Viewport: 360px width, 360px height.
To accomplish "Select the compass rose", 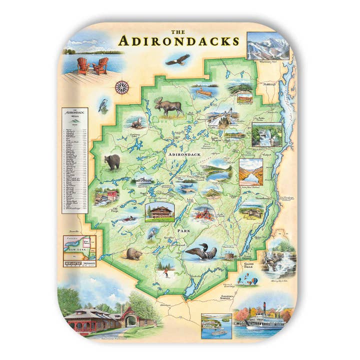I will (x=121, y=87).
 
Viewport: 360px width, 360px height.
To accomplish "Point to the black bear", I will (x=112, y=161).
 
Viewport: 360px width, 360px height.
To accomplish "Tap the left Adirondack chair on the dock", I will (x=84, y=65).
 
